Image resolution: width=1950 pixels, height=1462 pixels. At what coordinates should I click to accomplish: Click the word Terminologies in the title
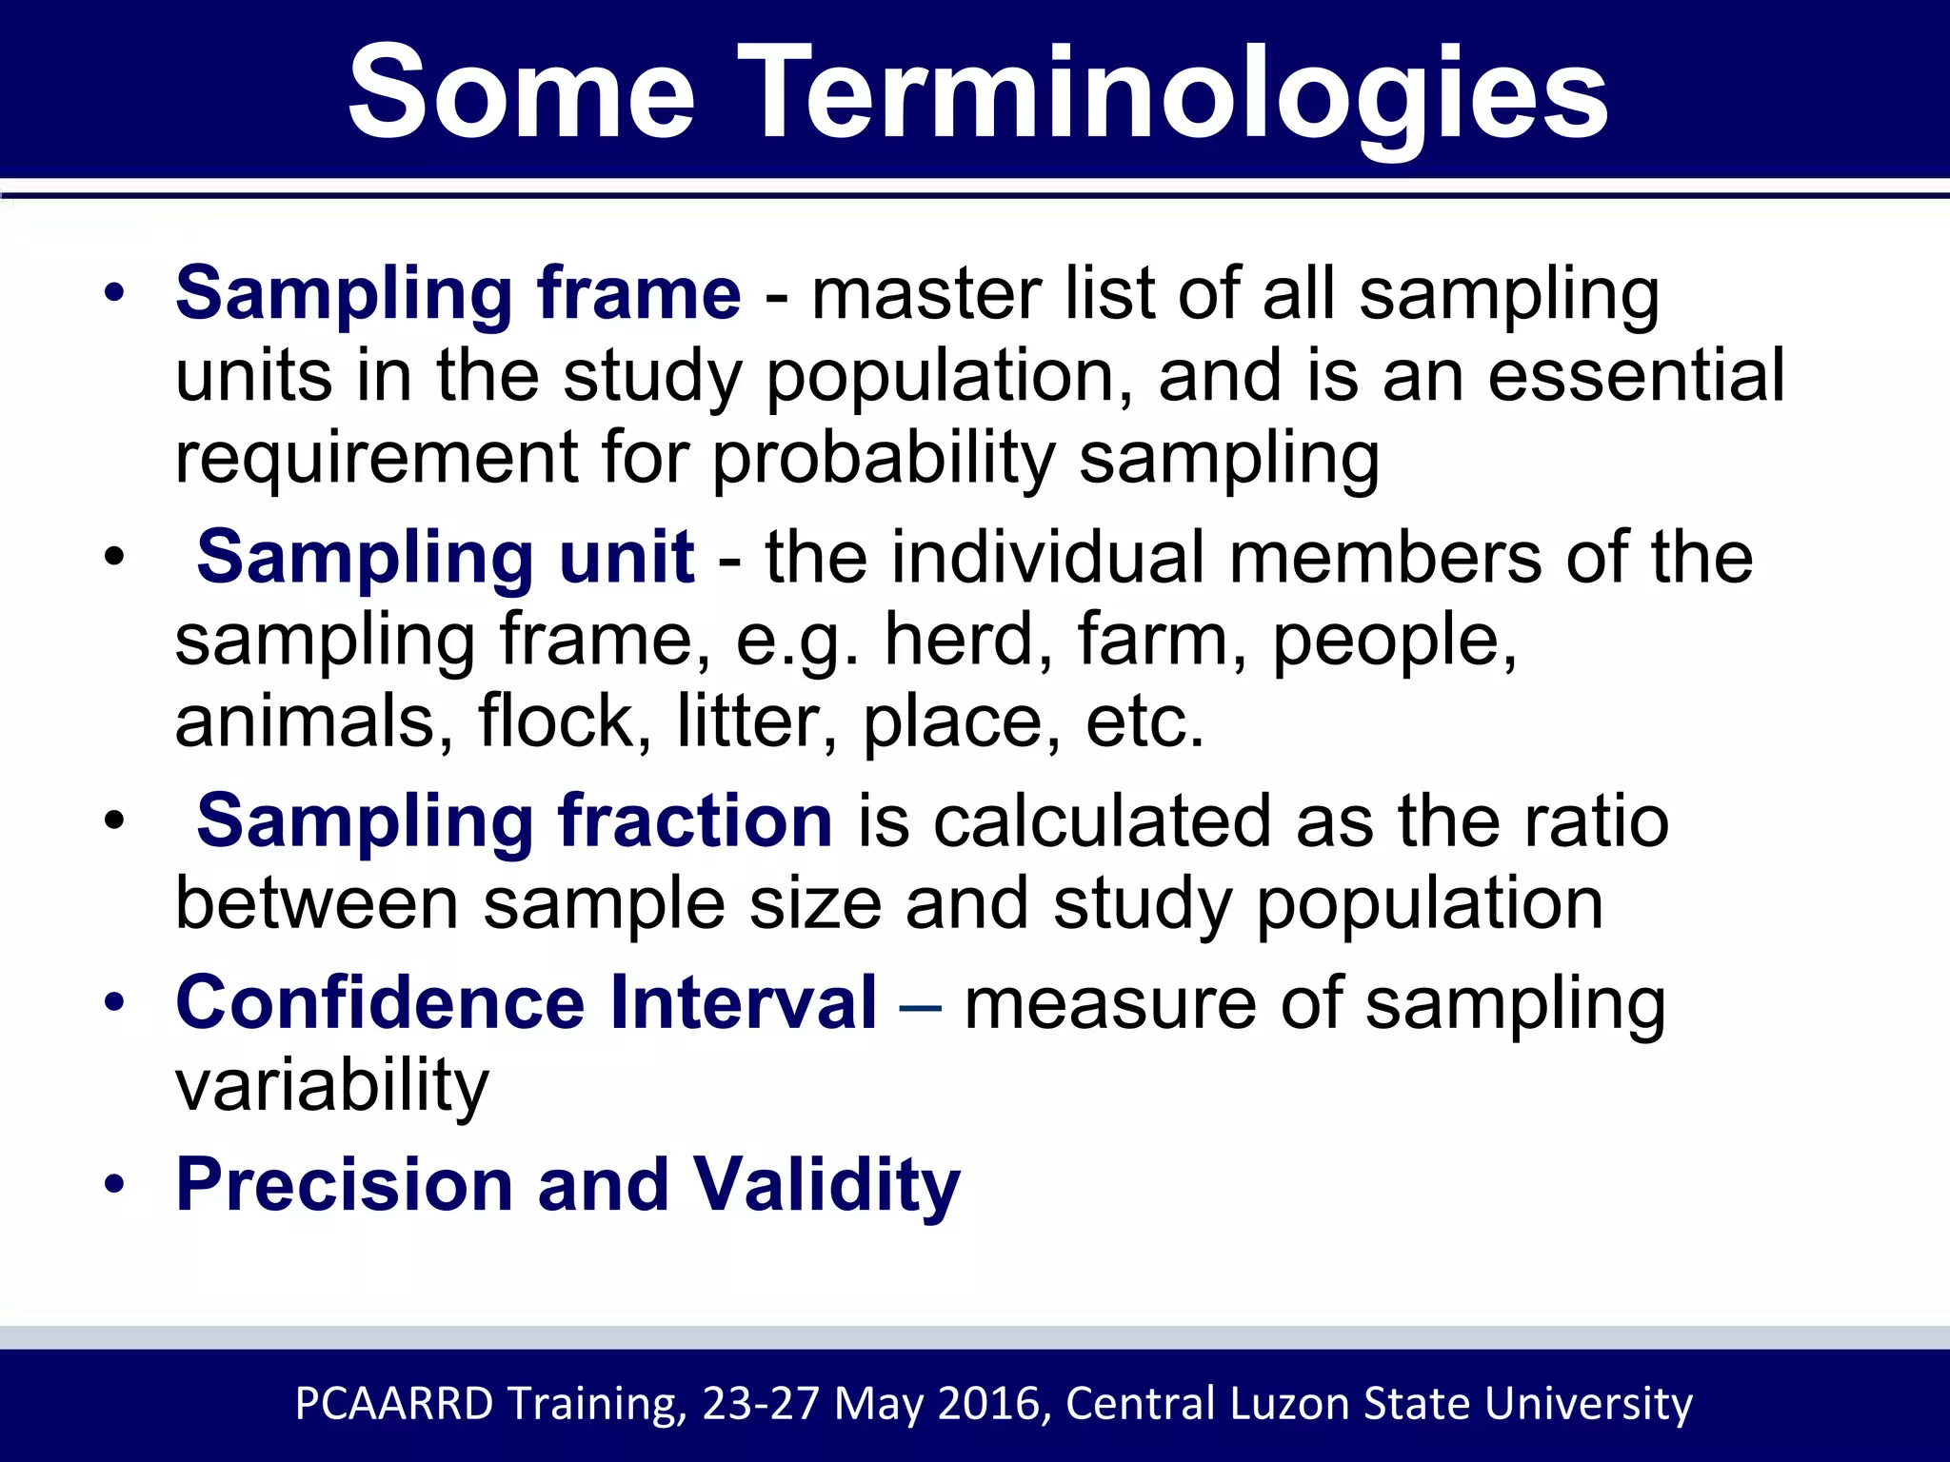click(x=1173, y=95)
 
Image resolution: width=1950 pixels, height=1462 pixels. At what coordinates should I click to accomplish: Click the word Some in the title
click(x=522, y=95)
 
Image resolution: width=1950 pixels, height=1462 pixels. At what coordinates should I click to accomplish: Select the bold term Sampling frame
click(x=458, y=293)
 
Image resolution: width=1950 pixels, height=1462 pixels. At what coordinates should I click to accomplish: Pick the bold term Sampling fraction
click(x=514, y=820)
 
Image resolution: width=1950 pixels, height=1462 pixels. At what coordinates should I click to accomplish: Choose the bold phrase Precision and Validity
click(x=568, y=1184)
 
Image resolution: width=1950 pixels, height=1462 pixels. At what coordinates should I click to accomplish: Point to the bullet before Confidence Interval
click(x=115, y=1003)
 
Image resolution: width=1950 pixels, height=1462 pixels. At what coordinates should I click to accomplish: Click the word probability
click(x=884, y=459)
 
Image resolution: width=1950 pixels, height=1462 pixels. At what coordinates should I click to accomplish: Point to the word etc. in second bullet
click(x=1144, y=722)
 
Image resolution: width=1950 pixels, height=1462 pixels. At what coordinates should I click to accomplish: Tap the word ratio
click(x=1596, y=820)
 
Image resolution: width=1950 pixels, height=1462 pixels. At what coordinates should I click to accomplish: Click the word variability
click(x=331, y=1085)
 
